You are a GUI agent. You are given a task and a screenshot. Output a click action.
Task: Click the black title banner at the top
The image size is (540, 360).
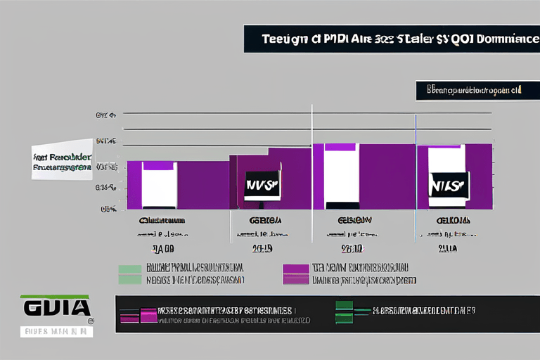point(391,38)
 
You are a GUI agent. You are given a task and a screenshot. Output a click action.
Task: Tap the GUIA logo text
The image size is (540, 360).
point(57,307)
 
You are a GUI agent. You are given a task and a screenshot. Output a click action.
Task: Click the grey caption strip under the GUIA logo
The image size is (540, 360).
point(57,330)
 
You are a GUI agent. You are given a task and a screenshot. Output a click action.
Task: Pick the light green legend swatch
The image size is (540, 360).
point(130,274)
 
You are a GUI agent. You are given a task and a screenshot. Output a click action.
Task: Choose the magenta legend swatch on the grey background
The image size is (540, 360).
point(295,274)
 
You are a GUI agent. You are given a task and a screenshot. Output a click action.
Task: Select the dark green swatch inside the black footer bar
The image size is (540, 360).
point(344,309)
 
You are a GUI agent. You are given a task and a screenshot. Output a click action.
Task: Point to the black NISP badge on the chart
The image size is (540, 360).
point(448,185)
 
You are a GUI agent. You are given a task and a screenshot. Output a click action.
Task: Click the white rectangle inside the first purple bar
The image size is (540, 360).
point(159,185)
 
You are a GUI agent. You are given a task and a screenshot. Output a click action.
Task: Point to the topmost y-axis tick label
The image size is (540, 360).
point(106,114)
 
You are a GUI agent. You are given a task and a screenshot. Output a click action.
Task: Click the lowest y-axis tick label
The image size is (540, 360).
point(108,209)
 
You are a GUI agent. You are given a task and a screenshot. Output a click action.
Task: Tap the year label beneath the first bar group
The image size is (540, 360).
point(163,248)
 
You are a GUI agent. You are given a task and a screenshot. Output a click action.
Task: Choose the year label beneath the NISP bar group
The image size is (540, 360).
point(447,248)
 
